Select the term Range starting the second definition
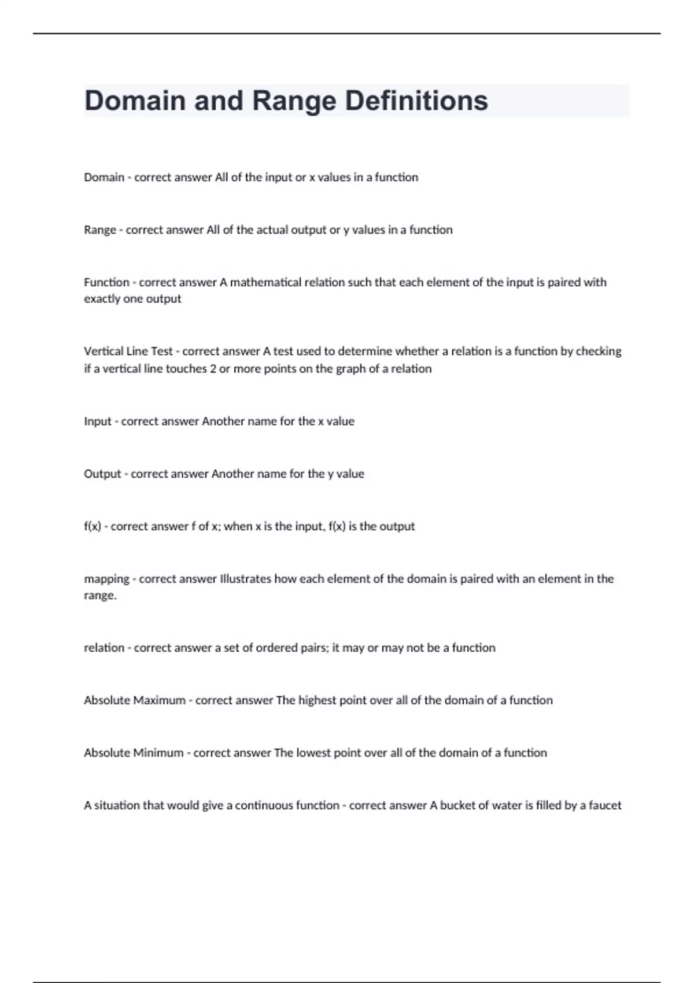pos(99,230)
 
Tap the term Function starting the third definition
pos(106,283)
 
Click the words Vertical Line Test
pos(128,352)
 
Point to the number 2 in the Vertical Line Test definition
pos(213,369)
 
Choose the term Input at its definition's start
pos(97,422)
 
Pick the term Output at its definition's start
pos(102,474)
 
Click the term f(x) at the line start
pos(93,527)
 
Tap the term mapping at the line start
pos(106,579)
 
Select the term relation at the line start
pos(104,648)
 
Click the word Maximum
pos(159,701)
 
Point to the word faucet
pos(605,805)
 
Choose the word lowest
pos(313,753)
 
